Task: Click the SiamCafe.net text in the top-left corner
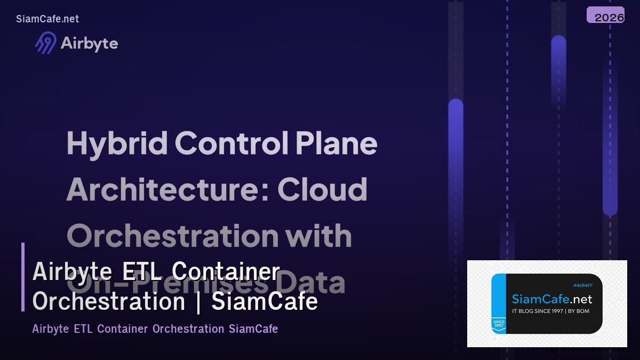click(x=47, y=19)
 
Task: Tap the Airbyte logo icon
click(x=45, y=43)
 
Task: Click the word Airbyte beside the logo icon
click(x=89, y=43)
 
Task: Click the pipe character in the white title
click(x=198, y=302)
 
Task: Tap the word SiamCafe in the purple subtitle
click(x=253, y=329)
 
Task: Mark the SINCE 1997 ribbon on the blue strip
click(x=499, y=324)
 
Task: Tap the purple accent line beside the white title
click(x=23, y=277)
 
